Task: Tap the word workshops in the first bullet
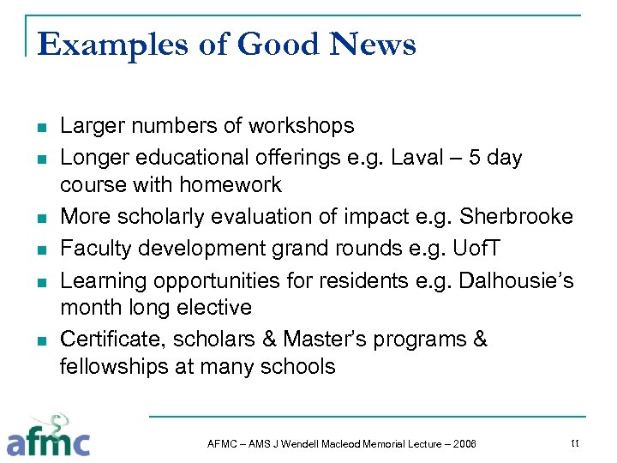pyautogui.click(x=301, y=126)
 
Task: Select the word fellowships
pyautogui.click(x=116, y=367)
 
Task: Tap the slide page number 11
pyautogui.click(x=574, y=442)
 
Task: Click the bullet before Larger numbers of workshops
pyautogui.click(x=40, y=128)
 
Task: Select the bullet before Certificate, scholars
pyautogui.click(x=40, y=341)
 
